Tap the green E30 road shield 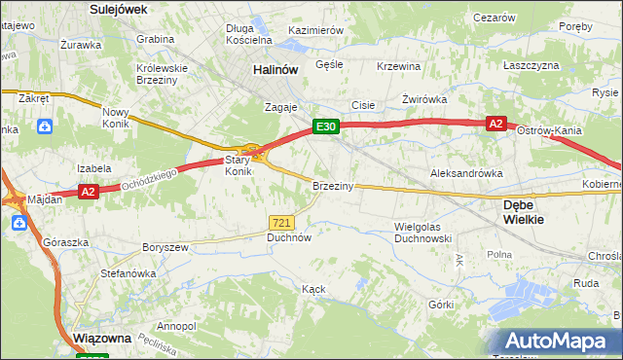(325, 126)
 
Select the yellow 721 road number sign (282, 223)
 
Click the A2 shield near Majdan (88, 192)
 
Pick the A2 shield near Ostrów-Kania (495, 124)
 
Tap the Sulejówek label (117, 9)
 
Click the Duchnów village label (289, 236)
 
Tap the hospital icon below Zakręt (46, 126)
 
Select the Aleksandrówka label (466, 173)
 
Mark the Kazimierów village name (315, 30)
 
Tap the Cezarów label (493, 18)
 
